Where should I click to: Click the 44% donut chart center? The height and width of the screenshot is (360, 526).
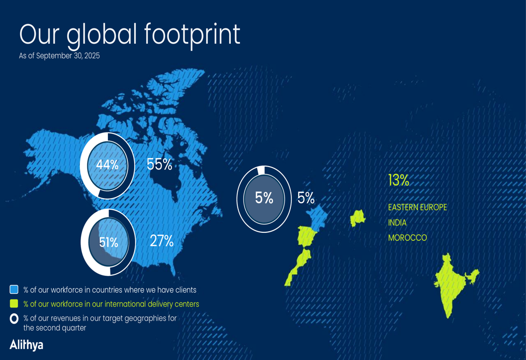(x=107, y=165)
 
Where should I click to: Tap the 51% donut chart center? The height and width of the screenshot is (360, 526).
(x=108, y=242)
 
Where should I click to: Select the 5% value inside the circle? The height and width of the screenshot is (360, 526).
(x=264, y=198)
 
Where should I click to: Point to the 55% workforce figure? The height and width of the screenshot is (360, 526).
(x=159, y=164)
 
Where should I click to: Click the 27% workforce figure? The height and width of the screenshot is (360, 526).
(x=161, y=241)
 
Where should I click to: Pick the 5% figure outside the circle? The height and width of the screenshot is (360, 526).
(x=306, y=198)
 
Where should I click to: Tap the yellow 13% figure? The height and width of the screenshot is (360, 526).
(x=398, y=180)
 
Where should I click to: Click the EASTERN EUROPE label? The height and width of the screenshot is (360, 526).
(x=417, y=208)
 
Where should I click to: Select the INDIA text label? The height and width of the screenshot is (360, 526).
(x=397, y=223)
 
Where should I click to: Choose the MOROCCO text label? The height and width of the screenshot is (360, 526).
(x=407, y=238)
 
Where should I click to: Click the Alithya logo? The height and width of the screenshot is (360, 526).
(x=26, y=345)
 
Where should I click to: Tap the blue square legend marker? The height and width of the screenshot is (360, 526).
(x=14, y=290)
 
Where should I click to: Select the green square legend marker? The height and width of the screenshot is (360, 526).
(x=14, y=304)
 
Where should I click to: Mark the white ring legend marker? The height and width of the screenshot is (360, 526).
(x=14, y=318)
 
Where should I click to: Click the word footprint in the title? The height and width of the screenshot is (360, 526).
(x=193, y=35)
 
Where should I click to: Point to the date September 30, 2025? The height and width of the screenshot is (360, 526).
(x=68, y=56)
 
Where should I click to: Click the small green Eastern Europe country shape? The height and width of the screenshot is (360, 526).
(x=358, y=217)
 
